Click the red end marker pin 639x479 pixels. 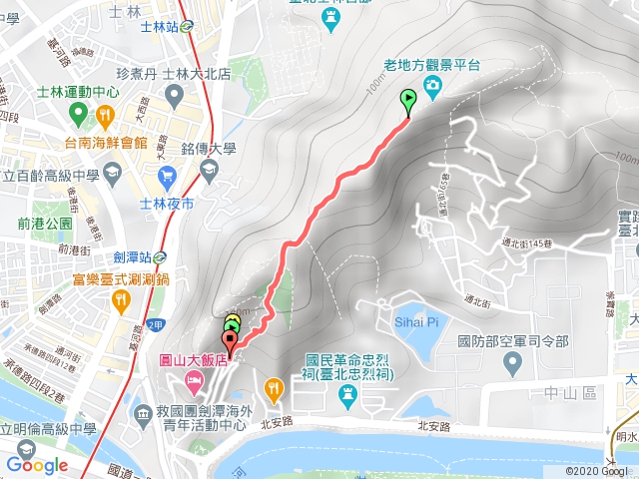231,342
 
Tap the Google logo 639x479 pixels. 37,465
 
